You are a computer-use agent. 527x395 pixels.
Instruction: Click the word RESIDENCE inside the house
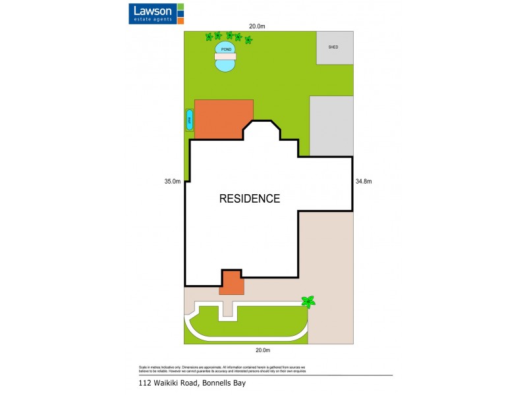pos(250,198)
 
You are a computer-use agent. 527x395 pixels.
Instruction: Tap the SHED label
pos(333,47)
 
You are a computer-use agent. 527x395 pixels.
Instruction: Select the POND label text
pos(226,49)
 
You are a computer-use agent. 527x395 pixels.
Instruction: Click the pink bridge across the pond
pos(225,57)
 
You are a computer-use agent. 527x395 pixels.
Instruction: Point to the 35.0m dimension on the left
pos(173,182)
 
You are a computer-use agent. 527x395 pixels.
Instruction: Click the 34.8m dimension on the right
pos(364,182)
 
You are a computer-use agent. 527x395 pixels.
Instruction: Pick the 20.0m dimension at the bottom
pos(263,350)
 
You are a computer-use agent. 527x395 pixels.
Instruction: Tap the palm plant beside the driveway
pos(308,302)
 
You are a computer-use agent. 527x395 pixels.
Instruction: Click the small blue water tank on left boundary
pos(190,120)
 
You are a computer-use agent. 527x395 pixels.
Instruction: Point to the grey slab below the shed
pos(331,126)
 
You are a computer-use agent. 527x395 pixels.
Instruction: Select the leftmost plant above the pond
pos(209,36)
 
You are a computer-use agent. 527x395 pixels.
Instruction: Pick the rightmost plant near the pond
pos(248,40)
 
